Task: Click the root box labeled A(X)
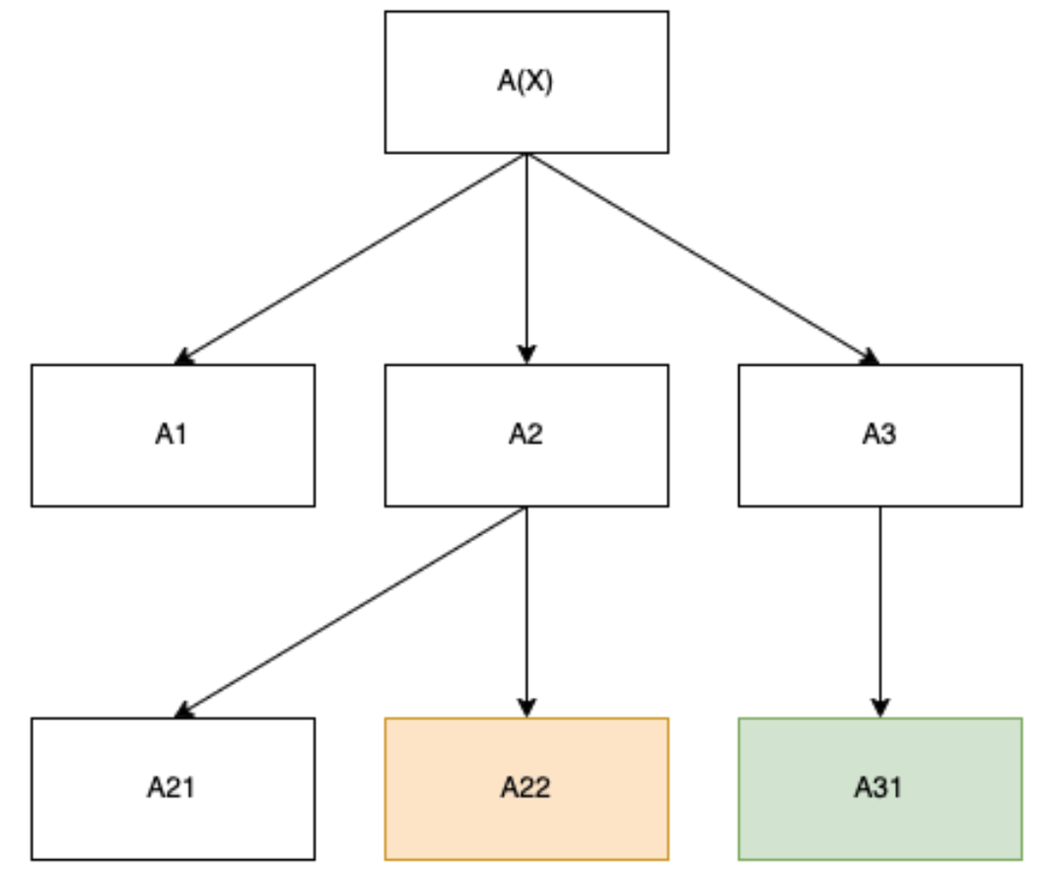[x=526, y=82]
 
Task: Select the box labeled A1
[x=173, y=436]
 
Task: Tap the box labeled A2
[x=526, y=436]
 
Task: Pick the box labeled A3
[x=880, y=436]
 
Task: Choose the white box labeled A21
[x=173, y=788]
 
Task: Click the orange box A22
[x=526, y=788]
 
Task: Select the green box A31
[x=880, y=788]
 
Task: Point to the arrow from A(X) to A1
[x=350, y=259]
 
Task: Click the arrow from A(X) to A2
[x=526, y=258]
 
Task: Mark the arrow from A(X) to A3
[x=703, y=259]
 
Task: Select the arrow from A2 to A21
[x=350, y=612]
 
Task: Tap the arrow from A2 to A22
[x=526, y=612]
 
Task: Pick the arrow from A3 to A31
[x=880, y=612]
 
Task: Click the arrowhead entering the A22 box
[x=526, y=708]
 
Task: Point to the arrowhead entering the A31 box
[x=880, y=708]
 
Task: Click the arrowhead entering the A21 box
[x=183, y=711]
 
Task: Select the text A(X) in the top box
[x=525, y=82]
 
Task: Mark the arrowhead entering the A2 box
[x=526, y=355]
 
